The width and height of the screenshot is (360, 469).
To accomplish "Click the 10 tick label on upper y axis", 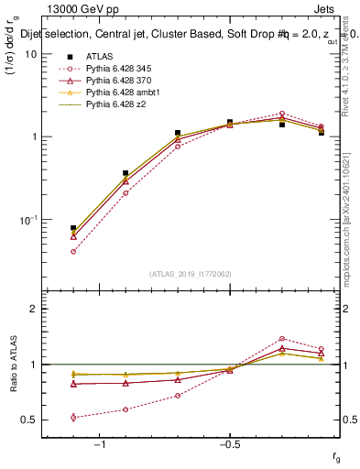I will tap(30, 54).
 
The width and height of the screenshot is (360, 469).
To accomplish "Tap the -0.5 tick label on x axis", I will tap(229, 445).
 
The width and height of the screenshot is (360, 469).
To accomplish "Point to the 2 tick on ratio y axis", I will tap(34, 309).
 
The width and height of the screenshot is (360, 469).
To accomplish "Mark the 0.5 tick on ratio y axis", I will tap(30, 420).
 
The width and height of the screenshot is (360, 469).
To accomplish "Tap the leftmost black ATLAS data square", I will tap(73, 228).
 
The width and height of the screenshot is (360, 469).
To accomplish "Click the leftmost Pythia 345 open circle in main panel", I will tap(73, 251).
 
